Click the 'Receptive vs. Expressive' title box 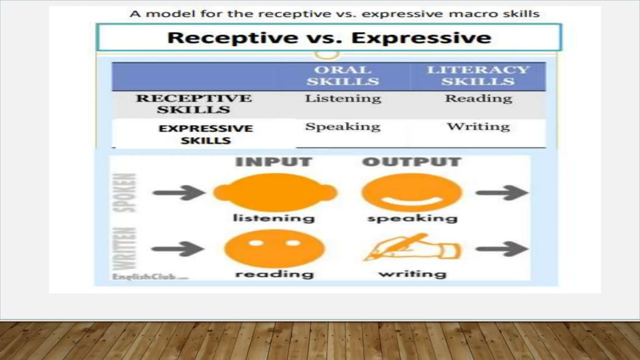[x=329, y=37]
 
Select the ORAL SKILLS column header [x=343, y=76]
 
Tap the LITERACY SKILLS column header [x=478, y=76]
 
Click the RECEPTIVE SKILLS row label [x=194, y=104]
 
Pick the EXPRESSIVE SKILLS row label [x=206, y=134]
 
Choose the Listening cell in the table [x=343, y=98]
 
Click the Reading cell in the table [x=478, y=98]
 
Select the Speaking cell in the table [x=343, y=127]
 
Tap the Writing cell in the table [x=478, y=127]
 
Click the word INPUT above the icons [x=274, y=162]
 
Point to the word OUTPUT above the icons [x=412, y=162]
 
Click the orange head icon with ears [x=275, y=192]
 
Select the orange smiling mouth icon [x=412, y=192]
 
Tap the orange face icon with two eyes [x=274, y=249]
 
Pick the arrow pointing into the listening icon [x=179, y=192]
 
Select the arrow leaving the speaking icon [x=502, y=192]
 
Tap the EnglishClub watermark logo [x=147, y=277]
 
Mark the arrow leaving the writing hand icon [x=502, y=249]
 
